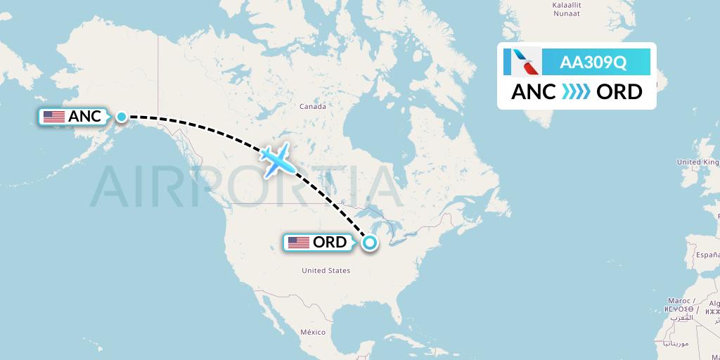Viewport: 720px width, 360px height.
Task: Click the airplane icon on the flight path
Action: [277, 161]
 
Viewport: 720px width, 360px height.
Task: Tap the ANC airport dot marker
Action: [122, 117]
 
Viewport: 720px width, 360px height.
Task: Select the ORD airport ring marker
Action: [369, 243]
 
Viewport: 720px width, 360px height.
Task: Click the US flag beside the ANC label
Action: [53, 117]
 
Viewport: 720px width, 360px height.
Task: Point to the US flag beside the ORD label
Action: [299, 243]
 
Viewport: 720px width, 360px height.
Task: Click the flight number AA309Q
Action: [593, 63]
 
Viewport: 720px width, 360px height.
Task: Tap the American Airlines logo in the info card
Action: [522, 62]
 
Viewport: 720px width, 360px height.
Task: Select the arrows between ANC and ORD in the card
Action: [576, 92]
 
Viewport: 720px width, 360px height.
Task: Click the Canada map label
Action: [313, 107]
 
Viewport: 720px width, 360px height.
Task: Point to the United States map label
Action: [326, 271]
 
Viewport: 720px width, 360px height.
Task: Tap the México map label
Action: [313, 332]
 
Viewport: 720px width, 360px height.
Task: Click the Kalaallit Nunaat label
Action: [567, 9]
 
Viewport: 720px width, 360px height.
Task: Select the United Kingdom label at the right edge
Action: [697, 162]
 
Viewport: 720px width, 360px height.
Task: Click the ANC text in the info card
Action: [534, 92]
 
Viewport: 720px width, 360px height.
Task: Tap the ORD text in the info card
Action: [619, 92]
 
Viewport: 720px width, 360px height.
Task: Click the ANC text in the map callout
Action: [85, 117]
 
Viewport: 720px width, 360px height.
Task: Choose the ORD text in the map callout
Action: [330, 243]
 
